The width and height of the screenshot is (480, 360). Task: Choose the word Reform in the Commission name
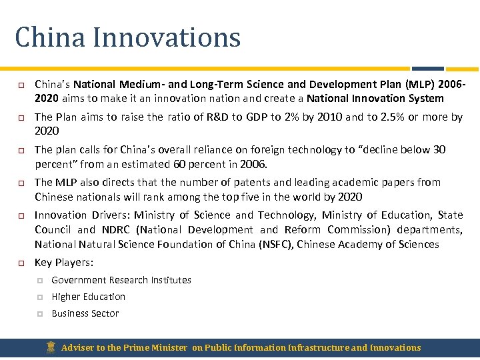coord(303,229)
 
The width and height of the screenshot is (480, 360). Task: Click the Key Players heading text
coord(63,262)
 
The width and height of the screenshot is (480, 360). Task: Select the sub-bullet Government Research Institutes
coord(121,280)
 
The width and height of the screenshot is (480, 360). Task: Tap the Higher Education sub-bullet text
coord(88,297)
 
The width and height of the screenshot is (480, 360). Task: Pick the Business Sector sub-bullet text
coord(85,313)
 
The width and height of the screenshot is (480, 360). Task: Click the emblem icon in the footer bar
coord(51,347)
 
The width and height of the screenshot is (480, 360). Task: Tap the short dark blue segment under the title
coord(427,68)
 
